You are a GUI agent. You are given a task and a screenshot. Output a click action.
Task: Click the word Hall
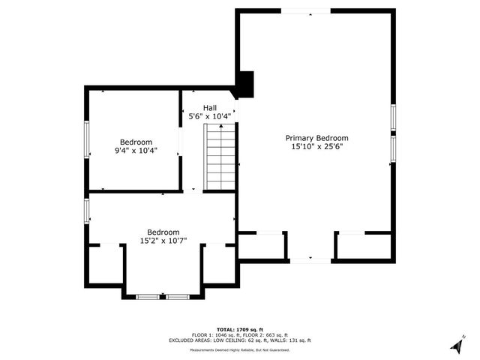(210, 107)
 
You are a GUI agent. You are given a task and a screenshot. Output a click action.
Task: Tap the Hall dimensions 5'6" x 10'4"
(210, 117)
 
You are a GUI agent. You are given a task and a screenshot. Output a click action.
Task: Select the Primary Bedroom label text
(316, 138)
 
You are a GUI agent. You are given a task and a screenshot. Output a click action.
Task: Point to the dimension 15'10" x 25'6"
(316, 148)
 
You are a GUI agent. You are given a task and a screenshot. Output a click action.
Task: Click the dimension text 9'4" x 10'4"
(136, 151)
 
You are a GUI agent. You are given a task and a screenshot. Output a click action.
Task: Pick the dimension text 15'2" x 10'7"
(163, 241)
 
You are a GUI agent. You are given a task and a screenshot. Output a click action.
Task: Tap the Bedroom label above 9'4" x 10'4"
(136, 142)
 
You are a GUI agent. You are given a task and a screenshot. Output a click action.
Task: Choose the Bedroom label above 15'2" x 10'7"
(163, 232)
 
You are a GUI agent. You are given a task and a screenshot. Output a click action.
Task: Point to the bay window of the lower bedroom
(163, 297)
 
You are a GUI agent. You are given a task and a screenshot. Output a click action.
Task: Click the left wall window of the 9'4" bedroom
(86, 139)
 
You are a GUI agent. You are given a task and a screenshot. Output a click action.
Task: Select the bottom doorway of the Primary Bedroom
(310, 259)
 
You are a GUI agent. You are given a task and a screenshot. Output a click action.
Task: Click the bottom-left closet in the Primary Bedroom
(262, 246)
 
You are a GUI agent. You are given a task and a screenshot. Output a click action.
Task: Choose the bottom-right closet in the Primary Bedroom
(364, 246)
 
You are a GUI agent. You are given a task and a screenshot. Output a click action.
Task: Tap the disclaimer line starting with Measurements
(240, 349)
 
